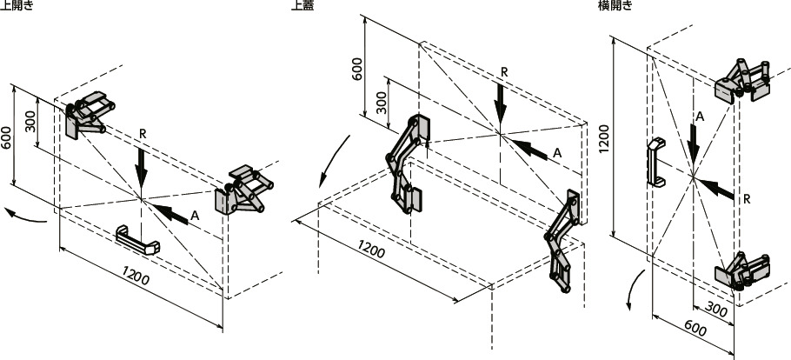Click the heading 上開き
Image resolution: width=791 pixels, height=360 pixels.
[17, 5]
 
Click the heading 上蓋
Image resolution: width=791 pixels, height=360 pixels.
[302, 5]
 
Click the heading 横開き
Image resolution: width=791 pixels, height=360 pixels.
[615, 5]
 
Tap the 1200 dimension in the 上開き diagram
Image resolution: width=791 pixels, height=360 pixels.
[136, 276]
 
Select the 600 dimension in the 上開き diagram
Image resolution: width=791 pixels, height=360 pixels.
[7, 138]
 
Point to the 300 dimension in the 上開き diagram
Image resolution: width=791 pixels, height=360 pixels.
[31, 121]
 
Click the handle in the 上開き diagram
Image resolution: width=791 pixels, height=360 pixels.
[137, 240]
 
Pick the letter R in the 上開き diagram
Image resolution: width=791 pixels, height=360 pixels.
[143, 134]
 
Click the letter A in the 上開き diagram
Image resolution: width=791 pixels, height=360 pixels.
[196, 216]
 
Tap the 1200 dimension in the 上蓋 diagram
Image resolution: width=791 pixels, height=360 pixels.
[371, 248]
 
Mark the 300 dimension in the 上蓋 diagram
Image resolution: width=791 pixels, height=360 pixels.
[382, 103]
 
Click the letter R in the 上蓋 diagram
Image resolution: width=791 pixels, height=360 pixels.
[504, 71]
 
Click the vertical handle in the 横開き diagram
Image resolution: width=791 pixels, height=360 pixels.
[655, 162]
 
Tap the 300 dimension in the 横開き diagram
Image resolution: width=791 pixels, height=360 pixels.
[716, 309]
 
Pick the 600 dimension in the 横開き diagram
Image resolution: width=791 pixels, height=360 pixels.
[695, 330]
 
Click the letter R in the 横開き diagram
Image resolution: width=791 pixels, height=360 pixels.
[747, 199]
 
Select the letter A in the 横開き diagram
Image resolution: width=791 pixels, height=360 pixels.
[700, 117]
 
